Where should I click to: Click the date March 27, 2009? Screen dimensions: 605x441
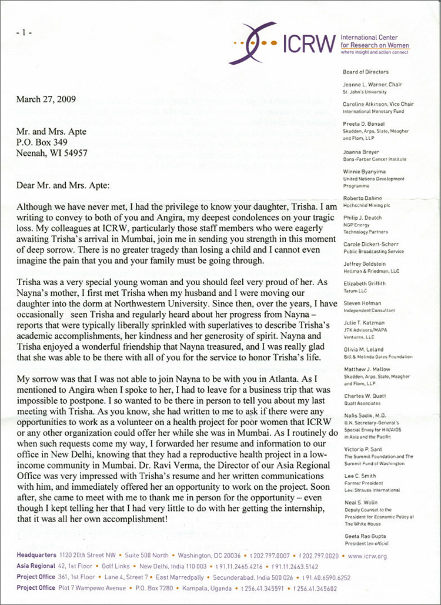click(x=46, y=99)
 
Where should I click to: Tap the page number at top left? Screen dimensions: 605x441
click(x=24, y=32)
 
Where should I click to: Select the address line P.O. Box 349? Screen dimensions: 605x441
click(x=43, y=142)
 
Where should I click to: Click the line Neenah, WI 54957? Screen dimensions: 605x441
click(x=52, y=152)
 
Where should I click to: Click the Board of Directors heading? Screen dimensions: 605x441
click(x=365, y=72)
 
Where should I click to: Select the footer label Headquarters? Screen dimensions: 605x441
click(x=36, y=554)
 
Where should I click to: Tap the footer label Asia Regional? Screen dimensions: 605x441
click(x=36, y=566)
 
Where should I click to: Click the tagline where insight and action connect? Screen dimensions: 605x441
click(x=375, y=52)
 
